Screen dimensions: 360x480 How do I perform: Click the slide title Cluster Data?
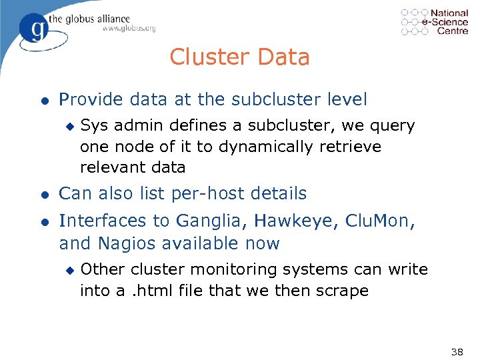point(239,57)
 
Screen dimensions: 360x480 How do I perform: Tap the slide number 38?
point(457,352)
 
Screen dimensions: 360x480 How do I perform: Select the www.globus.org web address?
point(129,29)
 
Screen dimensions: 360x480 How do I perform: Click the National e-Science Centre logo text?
point(449,21)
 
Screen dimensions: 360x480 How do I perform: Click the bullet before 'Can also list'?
point(43,195)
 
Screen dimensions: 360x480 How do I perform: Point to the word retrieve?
point(349,146)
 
